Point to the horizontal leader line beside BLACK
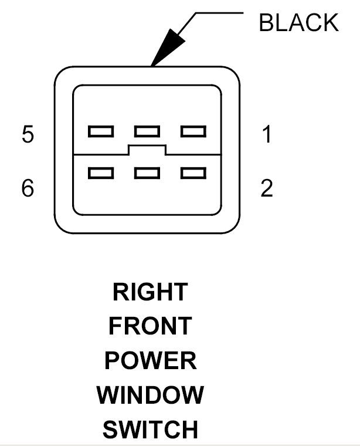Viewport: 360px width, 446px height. click(220, 12)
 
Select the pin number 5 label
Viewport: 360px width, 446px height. click(28, 135)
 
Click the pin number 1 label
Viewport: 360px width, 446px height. click(267, 135)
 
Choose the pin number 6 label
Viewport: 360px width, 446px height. click(28, 189)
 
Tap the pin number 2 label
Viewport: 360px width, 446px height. click(267, 189)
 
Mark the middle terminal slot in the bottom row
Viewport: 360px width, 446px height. click(147, 173)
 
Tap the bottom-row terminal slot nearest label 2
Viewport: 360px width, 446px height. click(193, 173)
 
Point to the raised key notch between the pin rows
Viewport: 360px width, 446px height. click(147, 150)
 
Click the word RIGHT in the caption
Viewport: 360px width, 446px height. click(150, 292)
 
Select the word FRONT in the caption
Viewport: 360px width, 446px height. click(150, 326)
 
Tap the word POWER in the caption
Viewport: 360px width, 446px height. click(150, 360)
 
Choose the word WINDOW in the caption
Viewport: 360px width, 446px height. click(150, 395)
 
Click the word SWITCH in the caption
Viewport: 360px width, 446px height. click(150, 430)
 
